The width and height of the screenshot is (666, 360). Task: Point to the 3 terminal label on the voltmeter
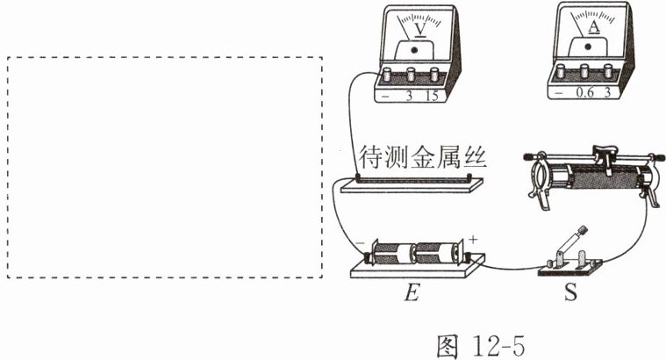pos(409,97)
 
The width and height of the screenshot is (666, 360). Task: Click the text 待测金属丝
pos(423,160)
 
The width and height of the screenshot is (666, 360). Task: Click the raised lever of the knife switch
pos(572,241)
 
